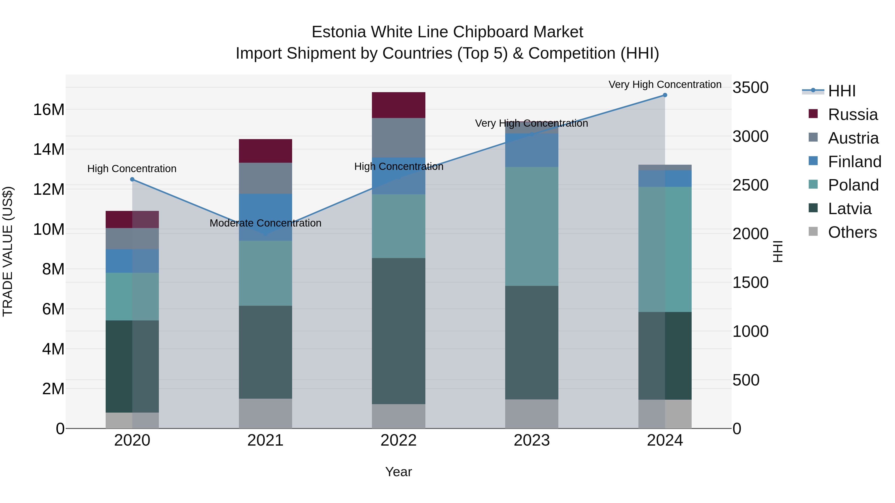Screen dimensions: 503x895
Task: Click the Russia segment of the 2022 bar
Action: tap(399, 105)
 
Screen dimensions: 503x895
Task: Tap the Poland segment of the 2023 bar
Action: tap(532, 226)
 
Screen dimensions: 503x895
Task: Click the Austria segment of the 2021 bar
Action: tap(266, 178)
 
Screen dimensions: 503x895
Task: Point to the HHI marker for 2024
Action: tap(665, 95)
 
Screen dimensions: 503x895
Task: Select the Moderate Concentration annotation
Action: tap(266, 223)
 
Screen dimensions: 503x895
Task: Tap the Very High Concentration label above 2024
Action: tap(665, 84)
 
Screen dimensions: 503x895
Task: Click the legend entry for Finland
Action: tap(854, 161)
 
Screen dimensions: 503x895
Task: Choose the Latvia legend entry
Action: tap(850, 209)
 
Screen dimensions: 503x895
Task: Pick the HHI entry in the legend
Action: tap(842, 91)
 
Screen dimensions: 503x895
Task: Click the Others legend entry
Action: tap(852, 232)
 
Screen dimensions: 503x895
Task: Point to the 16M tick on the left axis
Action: tap(49, 110)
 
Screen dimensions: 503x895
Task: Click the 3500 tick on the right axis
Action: tap(751, 87)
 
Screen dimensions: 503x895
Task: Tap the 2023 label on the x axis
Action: tap(532, 440)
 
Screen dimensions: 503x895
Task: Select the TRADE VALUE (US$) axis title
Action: tap(8, 251)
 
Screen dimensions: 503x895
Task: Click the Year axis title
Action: tap(399, 472)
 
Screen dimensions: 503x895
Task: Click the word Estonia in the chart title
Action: tap(339, 32)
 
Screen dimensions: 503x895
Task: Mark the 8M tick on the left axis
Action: tap(53, 269)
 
